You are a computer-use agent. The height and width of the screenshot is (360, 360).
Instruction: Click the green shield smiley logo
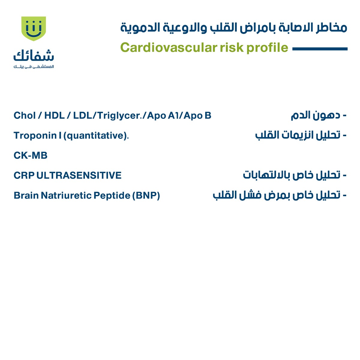pos(34,29)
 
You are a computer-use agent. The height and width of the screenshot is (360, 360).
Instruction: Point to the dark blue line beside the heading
pos(320,49)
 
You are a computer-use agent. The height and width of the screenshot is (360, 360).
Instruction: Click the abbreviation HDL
pos(54,115)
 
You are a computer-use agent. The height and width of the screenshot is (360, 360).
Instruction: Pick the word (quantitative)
pos(96,136)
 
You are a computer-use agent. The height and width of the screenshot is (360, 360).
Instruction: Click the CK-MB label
pos(31,156)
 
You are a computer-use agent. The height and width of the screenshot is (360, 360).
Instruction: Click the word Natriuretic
pos(66,196)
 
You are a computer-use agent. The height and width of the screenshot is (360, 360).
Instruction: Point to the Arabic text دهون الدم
pos(315,115)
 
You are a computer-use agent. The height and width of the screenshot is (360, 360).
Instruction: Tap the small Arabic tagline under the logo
pos(34,67)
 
